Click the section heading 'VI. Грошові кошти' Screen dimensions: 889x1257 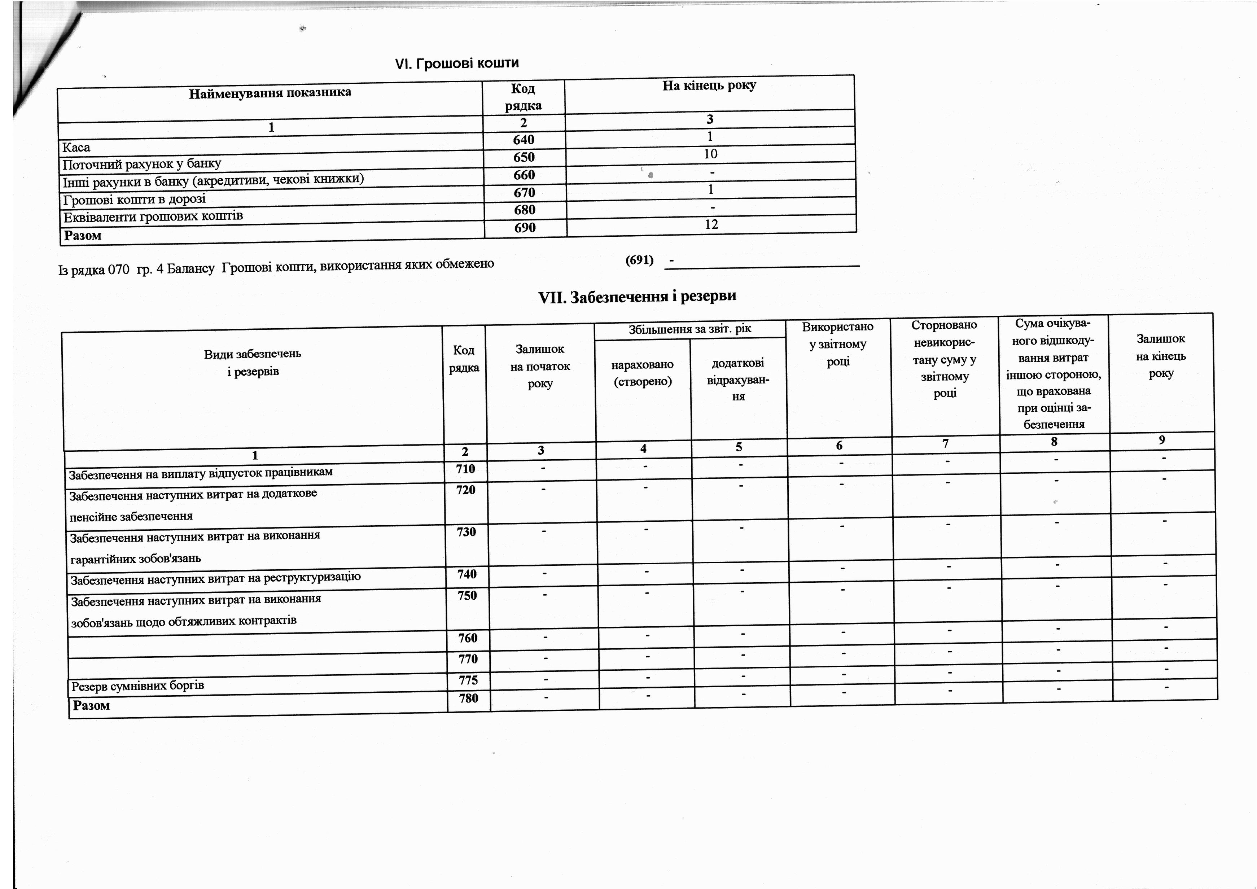pos(457,63)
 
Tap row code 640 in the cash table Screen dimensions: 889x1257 pos(524,140)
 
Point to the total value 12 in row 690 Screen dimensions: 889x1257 pos(711,224)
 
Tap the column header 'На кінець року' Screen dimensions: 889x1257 pos(709,86)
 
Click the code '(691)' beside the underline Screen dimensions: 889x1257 pos(639,260)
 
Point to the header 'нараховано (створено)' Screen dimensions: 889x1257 pos(643,373)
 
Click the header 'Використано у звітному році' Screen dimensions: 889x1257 pos(838,344)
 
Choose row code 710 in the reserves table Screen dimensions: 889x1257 pos(465,469)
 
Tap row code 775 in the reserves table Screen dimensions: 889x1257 pos(468,680)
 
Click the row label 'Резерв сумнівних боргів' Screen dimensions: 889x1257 pos(137,686)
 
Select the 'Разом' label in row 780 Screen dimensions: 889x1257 pos(91,706)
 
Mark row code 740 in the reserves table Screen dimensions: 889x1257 pos(467,574)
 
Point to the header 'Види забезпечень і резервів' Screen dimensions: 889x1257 pos(253,362)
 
